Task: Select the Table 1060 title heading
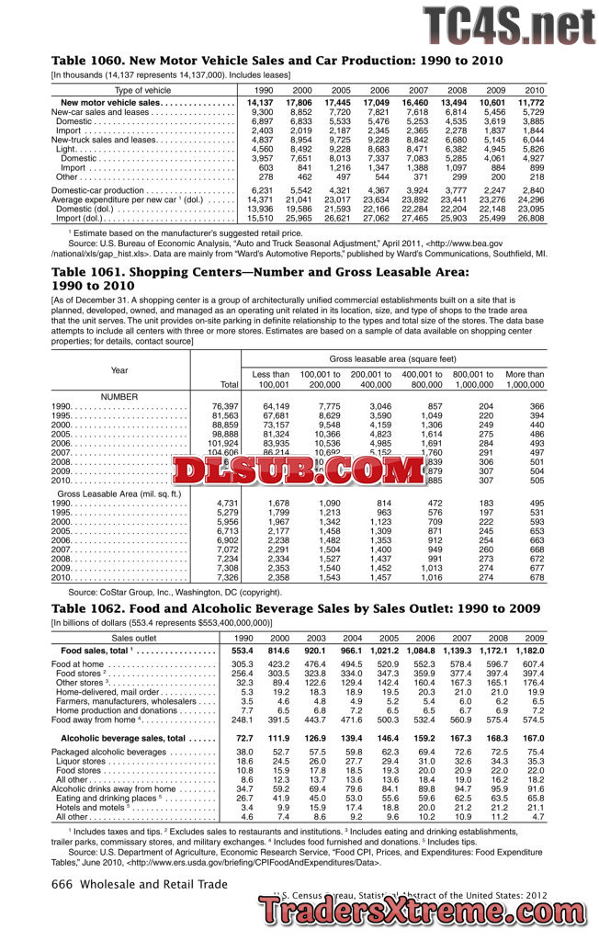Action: [x=277, y=61]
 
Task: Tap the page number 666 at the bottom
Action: [x=62, y=884]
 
